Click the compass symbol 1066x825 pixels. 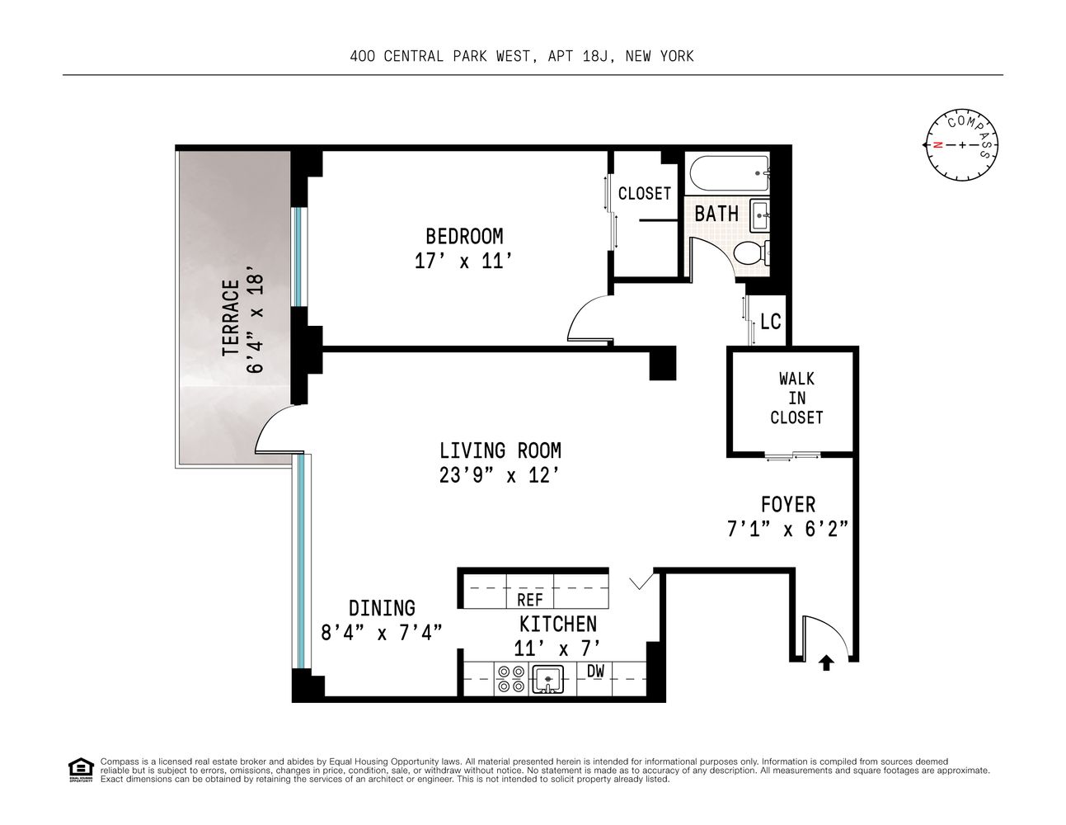pos(961,145)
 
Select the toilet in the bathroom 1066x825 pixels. pos(751,252)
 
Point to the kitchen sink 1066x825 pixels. pos(547,680)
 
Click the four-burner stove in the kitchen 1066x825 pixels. pos(510,679)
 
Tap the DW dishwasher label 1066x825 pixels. pos(595,672)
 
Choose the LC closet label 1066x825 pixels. pos(770,321)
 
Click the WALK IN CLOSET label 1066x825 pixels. pos(796,398)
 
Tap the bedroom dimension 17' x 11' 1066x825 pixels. pos(464,261)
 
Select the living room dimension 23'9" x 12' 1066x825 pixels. pos(500,475)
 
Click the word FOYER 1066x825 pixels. pos(787,504)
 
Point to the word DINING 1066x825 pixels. pos(382,608)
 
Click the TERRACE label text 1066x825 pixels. pos(230,318)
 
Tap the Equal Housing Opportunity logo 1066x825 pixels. pos(79,768)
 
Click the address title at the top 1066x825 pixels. pos(521,56)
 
